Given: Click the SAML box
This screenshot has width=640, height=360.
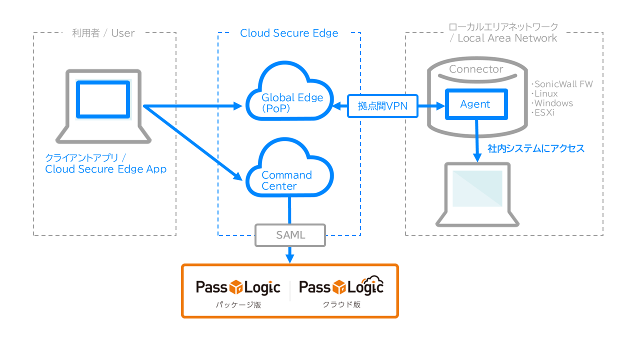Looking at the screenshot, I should coord(290,235).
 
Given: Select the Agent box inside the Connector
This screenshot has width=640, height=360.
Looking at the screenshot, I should coord(475,104).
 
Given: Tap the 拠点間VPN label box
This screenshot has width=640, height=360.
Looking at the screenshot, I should coord(383,106).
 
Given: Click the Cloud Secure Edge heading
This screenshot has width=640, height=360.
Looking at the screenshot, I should coord(289,33).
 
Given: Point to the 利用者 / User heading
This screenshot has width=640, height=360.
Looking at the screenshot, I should coord(103,33).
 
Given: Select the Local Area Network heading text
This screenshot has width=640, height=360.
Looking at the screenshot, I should coord(507,38).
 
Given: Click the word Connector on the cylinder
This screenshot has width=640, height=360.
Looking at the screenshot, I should coord(476,69).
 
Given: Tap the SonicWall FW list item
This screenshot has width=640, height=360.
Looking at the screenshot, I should coord(562,84).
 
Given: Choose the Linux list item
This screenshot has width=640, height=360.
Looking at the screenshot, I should coord(545,93).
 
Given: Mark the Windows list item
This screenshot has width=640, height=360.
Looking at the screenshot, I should coord(553,103).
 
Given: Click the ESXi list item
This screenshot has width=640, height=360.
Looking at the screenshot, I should coord(544,112).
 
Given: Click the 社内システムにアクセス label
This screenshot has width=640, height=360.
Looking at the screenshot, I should coord(536,148).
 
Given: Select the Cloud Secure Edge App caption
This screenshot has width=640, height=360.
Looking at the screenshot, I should coord(106,169).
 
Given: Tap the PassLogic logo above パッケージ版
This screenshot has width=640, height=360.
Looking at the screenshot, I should coord(238,287).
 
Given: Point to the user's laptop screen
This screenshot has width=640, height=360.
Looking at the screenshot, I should coord(103,99).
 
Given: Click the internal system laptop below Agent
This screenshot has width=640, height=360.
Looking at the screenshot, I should coord(477,192).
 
